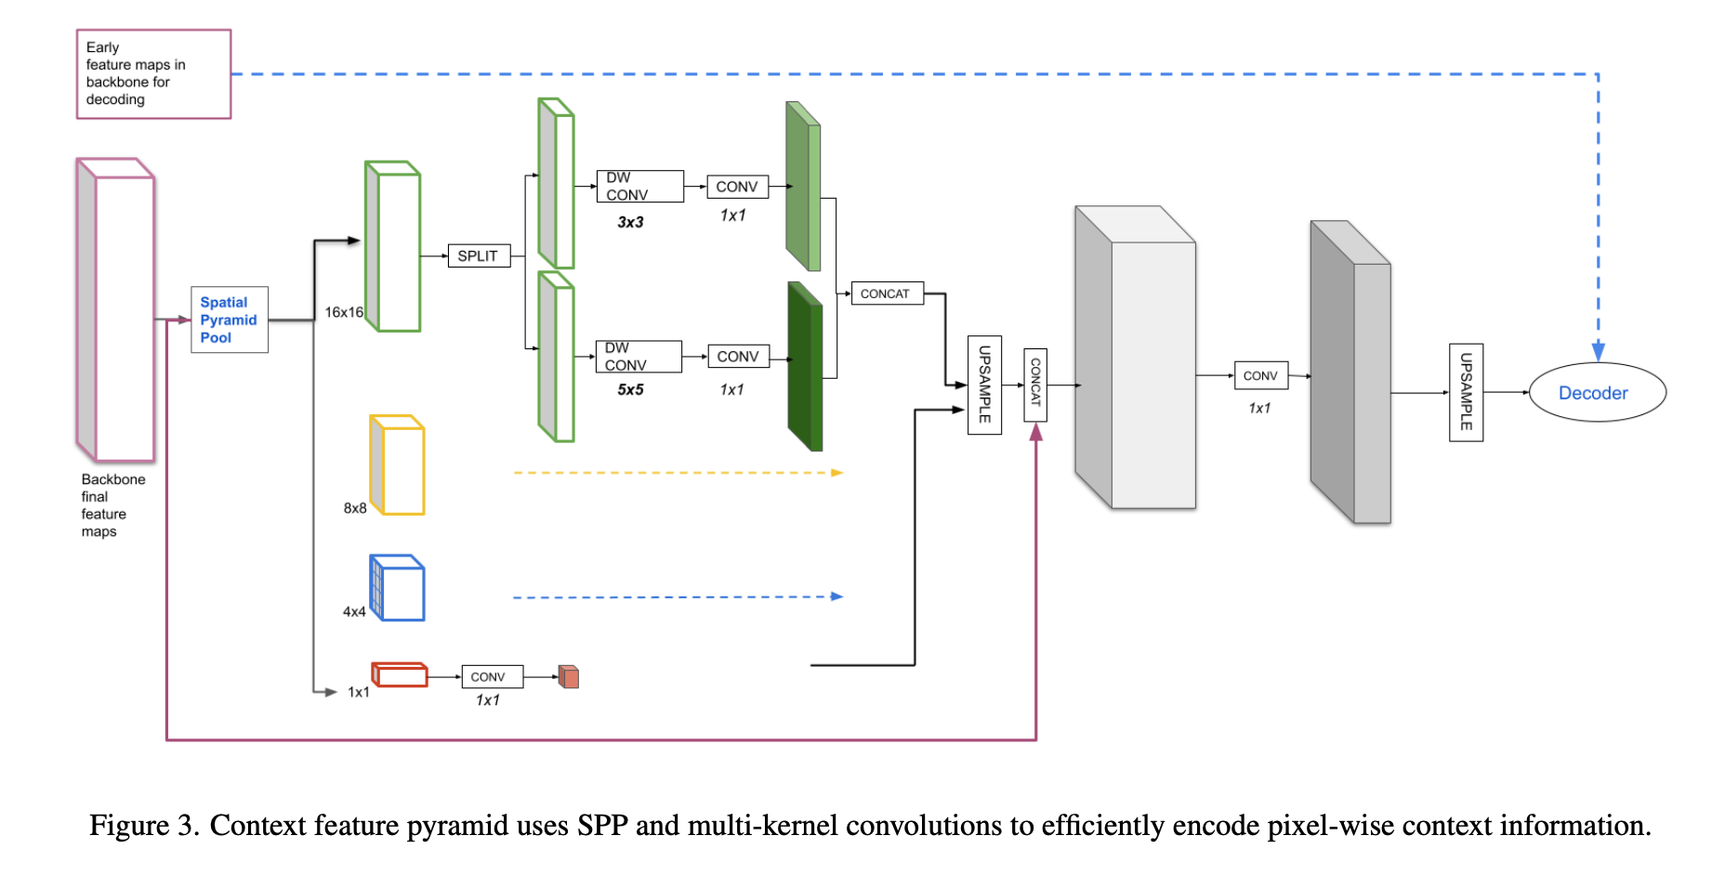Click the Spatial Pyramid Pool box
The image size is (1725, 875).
coord(229,320)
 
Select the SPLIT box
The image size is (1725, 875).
coord(478,255)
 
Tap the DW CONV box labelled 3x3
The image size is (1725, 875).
coord(639,186)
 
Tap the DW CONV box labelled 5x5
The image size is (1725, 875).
coord(638,357)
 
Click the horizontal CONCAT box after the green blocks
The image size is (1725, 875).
coord(886,294)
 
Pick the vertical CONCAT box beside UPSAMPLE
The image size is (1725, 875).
coord(1035,384)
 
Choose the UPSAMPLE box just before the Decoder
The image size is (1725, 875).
coord(1466,392)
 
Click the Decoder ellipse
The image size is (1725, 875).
coord(1597,393)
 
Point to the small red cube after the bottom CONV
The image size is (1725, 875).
coord(569,677)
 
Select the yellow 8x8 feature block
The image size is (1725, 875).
coord(399,465)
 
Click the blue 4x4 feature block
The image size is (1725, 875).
coord(399,588)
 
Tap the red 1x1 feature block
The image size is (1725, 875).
coord(400,674)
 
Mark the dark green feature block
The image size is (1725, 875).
coord(805,367)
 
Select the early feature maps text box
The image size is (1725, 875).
coord(153,73)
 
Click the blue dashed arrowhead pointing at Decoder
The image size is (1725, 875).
coord(1598,351)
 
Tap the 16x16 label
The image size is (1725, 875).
coord(344,312)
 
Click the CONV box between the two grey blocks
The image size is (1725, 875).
coord(1260,375)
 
